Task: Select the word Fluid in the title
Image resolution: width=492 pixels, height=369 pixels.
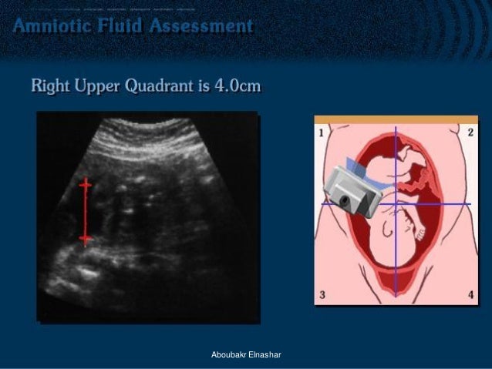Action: [125, 26]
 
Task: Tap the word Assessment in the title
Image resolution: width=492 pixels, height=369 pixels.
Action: [203, 26]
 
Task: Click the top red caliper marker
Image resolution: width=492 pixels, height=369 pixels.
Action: [85, 184]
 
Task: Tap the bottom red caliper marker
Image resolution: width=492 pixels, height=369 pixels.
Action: [85, 240]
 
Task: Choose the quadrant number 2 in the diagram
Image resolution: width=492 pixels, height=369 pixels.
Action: [470, 133]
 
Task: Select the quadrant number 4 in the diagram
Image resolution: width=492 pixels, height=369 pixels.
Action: [469, 294]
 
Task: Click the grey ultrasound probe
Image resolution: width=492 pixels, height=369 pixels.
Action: [352, 188]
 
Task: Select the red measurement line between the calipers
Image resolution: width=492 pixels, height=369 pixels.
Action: [85, 212]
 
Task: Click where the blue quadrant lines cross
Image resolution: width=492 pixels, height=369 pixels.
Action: [395, 203]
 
